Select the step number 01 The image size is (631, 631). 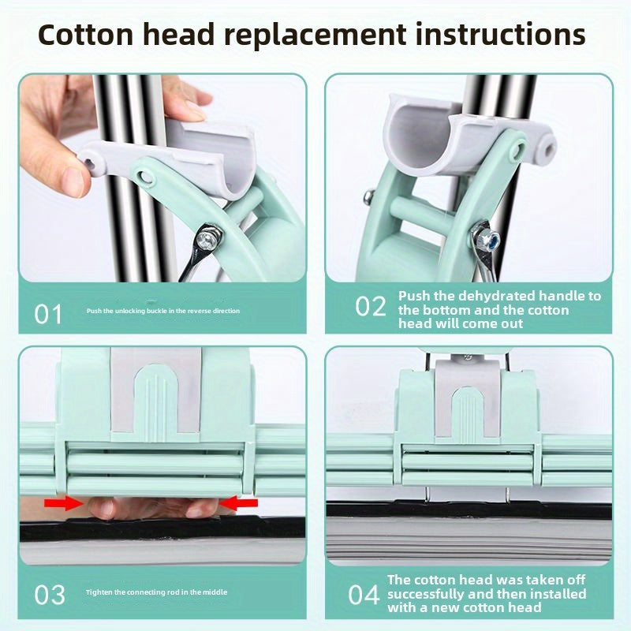(48, 314)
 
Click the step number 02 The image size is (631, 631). (370, 307)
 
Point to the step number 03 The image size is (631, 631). (49, 595)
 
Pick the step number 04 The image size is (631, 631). (364, 595)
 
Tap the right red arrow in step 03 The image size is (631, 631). (239, 502)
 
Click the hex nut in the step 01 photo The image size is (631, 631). (209, 239)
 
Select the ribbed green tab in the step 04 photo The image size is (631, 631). (467, 413)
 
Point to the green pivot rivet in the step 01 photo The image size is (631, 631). (145, 177)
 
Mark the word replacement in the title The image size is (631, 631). (315, 35)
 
